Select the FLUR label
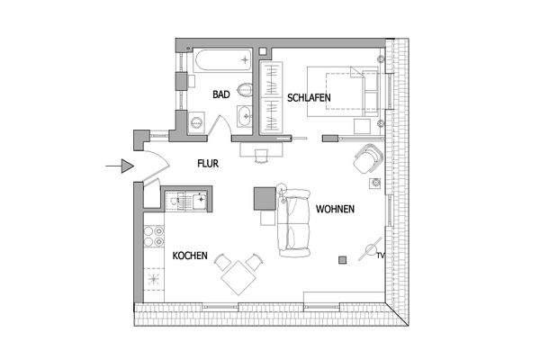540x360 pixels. point(209,164)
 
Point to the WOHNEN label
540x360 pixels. point(335,209)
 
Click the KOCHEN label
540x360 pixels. point(190,256)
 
